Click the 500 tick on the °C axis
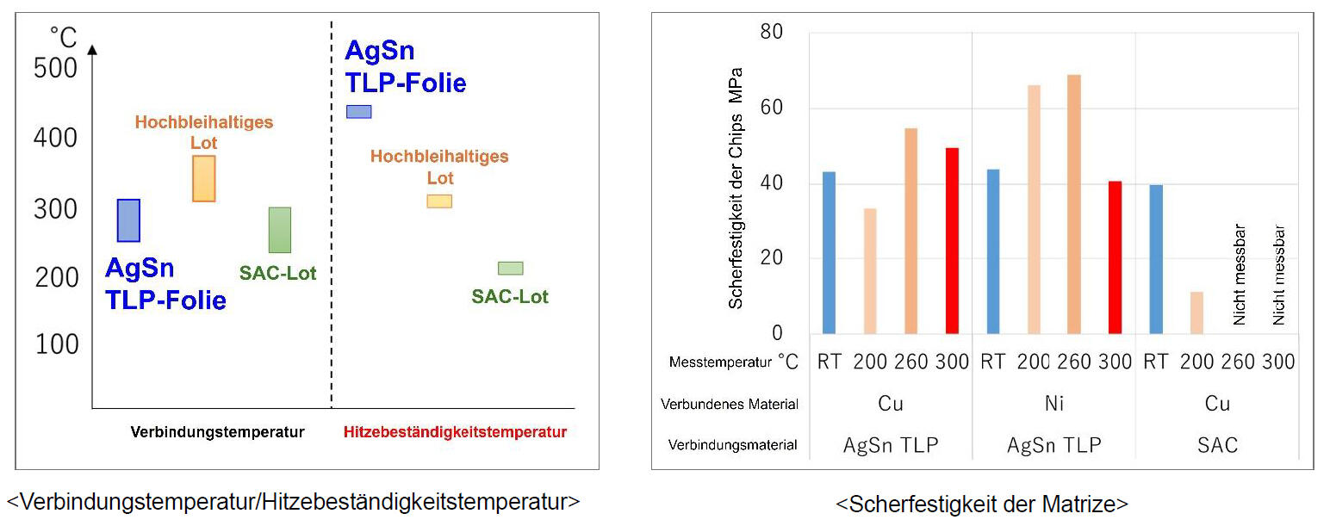click(x=55, y=68)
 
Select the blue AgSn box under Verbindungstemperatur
click(x=128, y=220)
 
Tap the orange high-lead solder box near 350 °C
click(x=203, y=178)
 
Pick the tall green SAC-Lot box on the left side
click(x=280, y=230)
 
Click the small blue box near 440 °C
click(x=358, y=111)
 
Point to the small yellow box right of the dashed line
click(x=439, y=201)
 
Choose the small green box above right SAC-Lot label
click(x=510, y=268)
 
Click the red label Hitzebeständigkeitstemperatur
click(x=455, y=432)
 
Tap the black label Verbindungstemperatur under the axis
click(x=217, y=432)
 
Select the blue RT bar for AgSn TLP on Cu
click(x=829, y=252)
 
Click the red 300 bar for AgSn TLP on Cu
click(x=952, y=240)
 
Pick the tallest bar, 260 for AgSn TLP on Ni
click(x=1073, y=204)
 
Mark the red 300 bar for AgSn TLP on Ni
click(x=1115, y=257)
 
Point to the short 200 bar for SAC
click(x=1196, y=313)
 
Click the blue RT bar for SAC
click(x=1156, y=259)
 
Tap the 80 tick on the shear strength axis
click(x=772, y=33)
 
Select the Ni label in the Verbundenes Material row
click(x=1053, y=404)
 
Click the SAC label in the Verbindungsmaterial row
click(x=1217, y=445)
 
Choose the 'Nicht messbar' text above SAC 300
click(x=1279, y=275)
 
